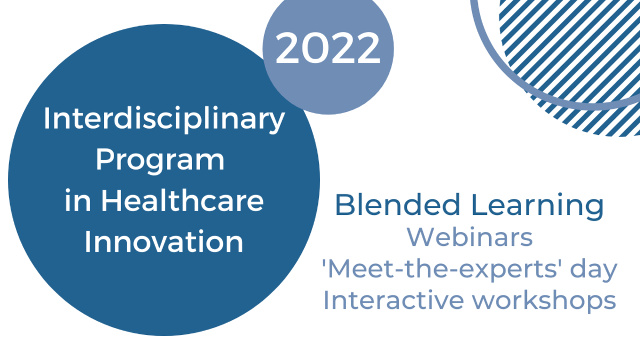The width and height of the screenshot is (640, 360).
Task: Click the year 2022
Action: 327,48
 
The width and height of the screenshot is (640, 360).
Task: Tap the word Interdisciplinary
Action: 164,119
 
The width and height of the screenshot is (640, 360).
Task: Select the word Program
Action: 160,161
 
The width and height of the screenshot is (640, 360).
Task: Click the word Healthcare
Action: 183,201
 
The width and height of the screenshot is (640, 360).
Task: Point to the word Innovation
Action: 164,242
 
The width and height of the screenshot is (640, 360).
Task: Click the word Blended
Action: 398,205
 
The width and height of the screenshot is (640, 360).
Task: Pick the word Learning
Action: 538,206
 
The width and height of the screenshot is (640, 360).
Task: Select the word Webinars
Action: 470,237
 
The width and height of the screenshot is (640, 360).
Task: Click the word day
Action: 594,270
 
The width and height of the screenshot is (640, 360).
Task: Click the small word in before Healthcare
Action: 78,201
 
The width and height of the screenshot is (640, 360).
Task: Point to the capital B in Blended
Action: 345,205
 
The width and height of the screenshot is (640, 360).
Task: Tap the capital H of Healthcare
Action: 112,201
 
